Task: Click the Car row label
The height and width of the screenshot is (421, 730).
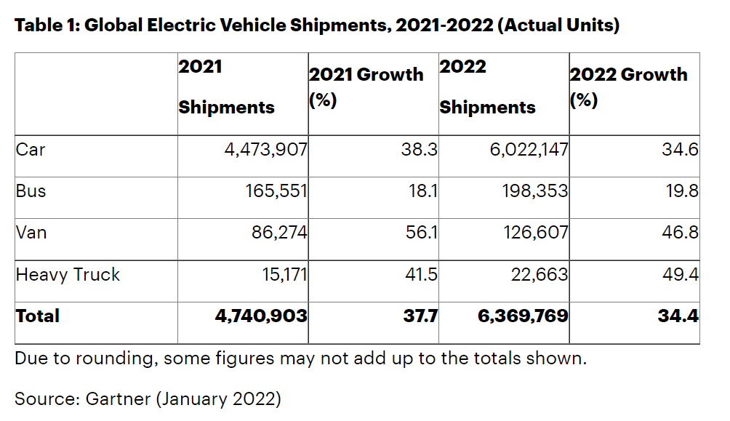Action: click(x=31, y=151)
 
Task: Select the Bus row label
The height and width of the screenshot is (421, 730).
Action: click(x=31, y=192)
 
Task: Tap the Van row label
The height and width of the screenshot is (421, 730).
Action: click(x=31, y=233)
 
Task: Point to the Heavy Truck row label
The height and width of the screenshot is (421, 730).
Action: click(x=68, y=275)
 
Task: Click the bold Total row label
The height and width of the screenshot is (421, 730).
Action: click(x=37, y=316)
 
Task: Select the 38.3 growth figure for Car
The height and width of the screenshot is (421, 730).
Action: click(x=420, y=151)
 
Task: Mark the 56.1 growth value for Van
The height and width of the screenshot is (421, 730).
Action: click(x=420, y=233)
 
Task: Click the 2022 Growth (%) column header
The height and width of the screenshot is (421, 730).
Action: click(x=628, y=87)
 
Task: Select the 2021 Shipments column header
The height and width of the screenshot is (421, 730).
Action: click(x=226, y=87)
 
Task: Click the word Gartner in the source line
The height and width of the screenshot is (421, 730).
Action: click(x=117, y=398)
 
